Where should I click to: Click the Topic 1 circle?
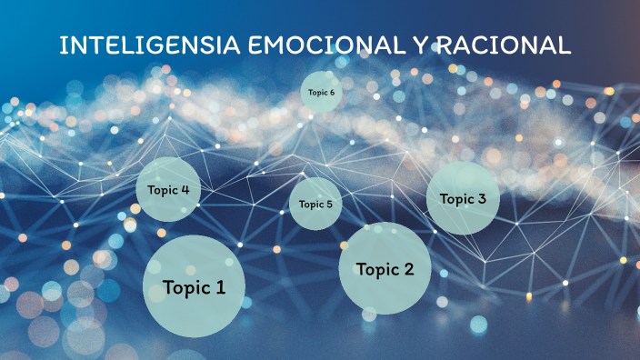(194, 286)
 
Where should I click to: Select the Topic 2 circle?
(385, 268)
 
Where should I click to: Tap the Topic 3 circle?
(463, 198)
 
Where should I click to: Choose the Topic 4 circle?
(168, 189)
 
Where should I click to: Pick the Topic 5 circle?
(315, 204)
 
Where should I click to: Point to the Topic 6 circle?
(321, 92)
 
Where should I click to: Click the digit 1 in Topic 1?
(220, 288)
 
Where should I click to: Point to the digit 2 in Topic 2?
(409, 269)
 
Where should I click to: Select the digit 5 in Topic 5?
(329, 204)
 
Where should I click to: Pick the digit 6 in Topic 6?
(332, 92)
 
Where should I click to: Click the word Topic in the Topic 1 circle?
(185, 288)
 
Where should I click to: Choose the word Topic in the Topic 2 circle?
(376, 269)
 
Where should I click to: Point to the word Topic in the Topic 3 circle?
(456, 199)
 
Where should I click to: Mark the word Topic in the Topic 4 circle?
(162, 190)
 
